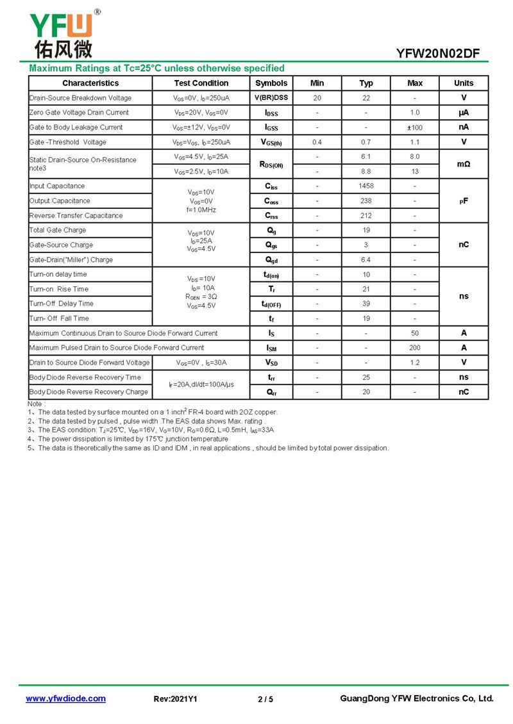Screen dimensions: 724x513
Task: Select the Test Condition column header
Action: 201,83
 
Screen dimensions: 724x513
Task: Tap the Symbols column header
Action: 271,83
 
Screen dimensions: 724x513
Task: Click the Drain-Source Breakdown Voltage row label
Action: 80,98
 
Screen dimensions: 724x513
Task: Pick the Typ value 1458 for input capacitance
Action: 366,186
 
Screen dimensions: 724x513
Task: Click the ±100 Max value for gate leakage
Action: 415,128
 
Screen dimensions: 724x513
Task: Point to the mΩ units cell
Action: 464,164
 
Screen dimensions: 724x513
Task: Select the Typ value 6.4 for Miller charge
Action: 366,259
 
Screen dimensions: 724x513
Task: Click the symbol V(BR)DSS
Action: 271,98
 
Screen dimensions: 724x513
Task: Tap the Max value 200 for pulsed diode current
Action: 415,348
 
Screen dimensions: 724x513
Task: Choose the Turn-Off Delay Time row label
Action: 61,304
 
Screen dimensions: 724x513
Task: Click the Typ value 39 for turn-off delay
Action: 366,304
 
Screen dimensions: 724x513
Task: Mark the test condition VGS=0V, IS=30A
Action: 201,363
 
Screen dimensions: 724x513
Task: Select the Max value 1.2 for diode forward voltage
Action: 415,363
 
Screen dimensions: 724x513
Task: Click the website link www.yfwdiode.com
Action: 65,699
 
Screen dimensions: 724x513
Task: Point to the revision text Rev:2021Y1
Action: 176,699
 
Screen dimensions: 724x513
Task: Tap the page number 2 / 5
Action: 265,699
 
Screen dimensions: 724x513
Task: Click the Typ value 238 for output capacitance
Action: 366,201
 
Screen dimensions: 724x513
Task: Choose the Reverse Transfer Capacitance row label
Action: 76,215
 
